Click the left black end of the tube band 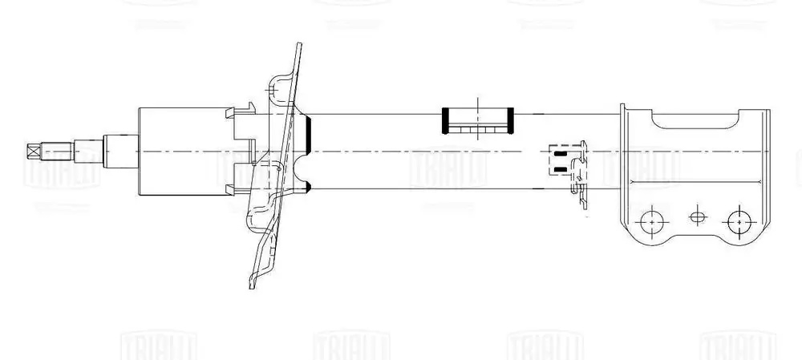point(445,120)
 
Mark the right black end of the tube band point(509,120)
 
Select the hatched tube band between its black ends point(477,120)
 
